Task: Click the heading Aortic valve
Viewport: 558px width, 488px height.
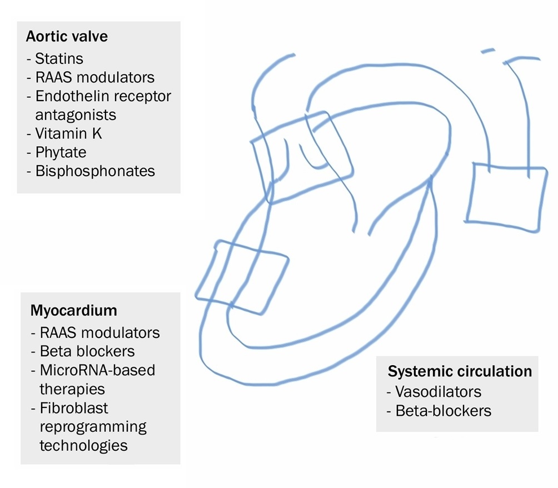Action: point(67,37)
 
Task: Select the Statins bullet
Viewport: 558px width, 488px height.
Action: point(59,57)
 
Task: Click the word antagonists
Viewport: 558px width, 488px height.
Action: point(76,114)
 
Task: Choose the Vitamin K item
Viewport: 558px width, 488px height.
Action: point(68,133)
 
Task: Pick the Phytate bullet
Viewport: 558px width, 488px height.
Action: point(61,152)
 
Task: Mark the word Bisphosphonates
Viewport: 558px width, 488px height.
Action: point(94,171)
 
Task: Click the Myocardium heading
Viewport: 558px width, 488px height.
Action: point(74,309)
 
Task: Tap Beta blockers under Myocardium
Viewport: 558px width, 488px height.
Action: point(87,351)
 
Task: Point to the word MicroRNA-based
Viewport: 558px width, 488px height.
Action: point(97,370)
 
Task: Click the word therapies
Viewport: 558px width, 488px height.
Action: point(72,389)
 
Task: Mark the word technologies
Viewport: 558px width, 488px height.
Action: point(83,445)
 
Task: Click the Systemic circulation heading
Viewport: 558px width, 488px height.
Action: point(460,371)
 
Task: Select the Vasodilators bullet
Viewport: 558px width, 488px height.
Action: point(438,391)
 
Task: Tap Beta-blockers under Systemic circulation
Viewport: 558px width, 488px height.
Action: point(444,411)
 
